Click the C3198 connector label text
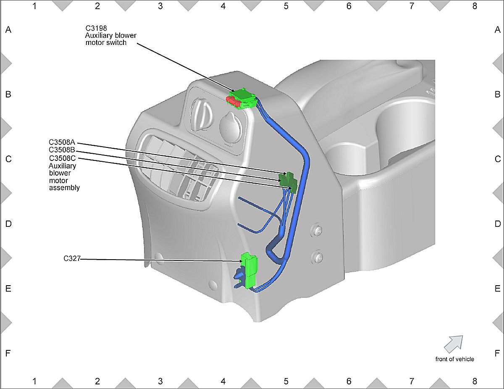(x=96, y=29)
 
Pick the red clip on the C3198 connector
(x=231, y=100)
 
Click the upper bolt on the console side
(x=318, y=230)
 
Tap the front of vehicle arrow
(x=454, y=343)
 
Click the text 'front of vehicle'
(x=454, y=359)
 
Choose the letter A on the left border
(x=8, y=30)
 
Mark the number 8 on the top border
(x=475, y=6)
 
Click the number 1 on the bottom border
(x=34, y=381)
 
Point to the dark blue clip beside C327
(x=237, y=277)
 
